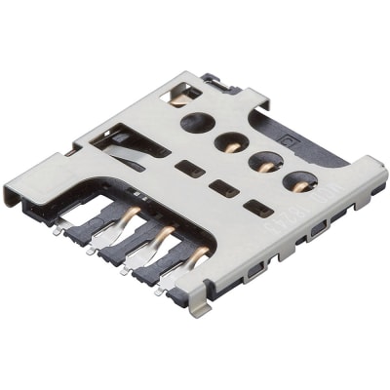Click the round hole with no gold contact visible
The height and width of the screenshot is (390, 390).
click(197, 122)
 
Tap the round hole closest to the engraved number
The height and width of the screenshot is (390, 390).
click(298, 180)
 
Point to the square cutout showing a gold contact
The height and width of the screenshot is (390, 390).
click(182, 94)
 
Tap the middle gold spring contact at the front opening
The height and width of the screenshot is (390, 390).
click(164, 236)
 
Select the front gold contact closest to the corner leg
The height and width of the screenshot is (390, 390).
click(199, 257)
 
